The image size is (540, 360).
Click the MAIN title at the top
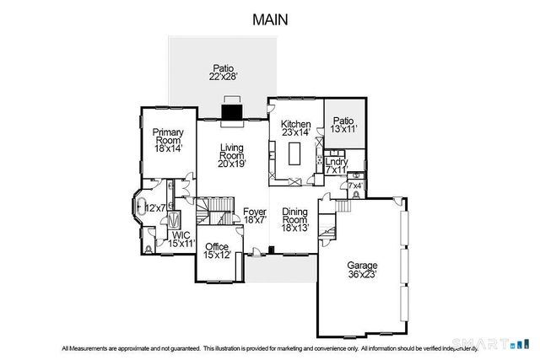coord(269,19)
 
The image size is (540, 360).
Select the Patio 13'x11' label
coord(343,125)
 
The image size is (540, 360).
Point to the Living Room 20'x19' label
coord(231,155)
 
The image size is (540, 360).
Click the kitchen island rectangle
coord(294,154)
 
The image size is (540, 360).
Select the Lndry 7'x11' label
coord(336,165)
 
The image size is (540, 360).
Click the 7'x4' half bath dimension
coord(355,185)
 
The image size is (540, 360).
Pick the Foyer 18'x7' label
coord(255,215)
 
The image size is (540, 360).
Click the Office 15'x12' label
coord(218,250)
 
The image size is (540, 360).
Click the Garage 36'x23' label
coord(360,269)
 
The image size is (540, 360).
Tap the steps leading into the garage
coord(343,207)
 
